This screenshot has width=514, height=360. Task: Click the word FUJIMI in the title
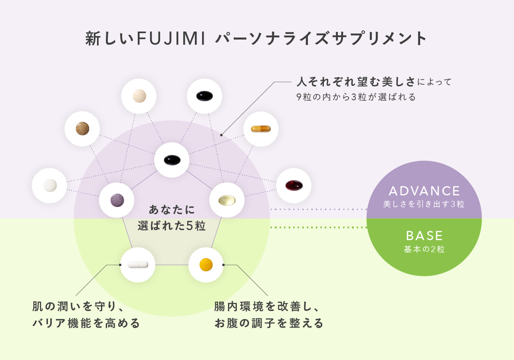(x=171, y=39)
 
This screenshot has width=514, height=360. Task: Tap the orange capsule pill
(x=261, y=129)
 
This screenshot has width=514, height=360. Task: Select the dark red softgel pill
(x=294, y=185)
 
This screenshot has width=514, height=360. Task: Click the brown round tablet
(x=82, y=129)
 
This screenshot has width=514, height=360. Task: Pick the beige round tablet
(x=139, y=96)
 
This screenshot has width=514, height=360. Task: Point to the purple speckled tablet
(x=117, y=200)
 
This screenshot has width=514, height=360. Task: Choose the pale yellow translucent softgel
(x=227, y=200)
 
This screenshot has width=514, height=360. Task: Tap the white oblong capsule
(x=138, y=265)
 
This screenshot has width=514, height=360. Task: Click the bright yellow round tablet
(x=206, y=265)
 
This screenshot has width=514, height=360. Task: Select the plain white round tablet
(x=50, y=185)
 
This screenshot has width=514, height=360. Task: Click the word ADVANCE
(x=424, y=191)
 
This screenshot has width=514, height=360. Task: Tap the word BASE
(x=424, y=236)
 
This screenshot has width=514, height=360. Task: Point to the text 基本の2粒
(x=424, y=249)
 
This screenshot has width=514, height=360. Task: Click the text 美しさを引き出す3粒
(x=424, y=204)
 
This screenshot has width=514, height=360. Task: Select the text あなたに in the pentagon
(x=172, y=210)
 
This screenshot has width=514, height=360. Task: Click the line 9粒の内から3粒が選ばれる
(x=356, y=97)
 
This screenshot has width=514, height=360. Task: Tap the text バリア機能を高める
(x=86, y=323)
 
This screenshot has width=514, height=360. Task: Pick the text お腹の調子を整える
(x=269, y=323)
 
